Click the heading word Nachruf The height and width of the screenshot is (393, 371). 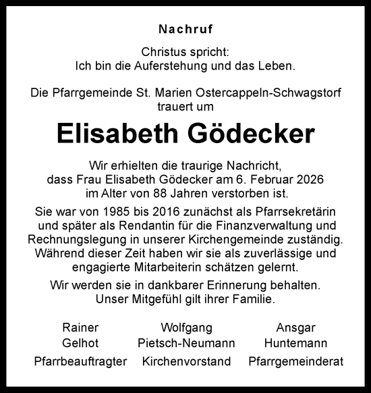click(x=185, y=29)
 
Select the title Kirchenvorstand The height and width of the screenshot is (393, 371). click(x=186, y=362)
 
